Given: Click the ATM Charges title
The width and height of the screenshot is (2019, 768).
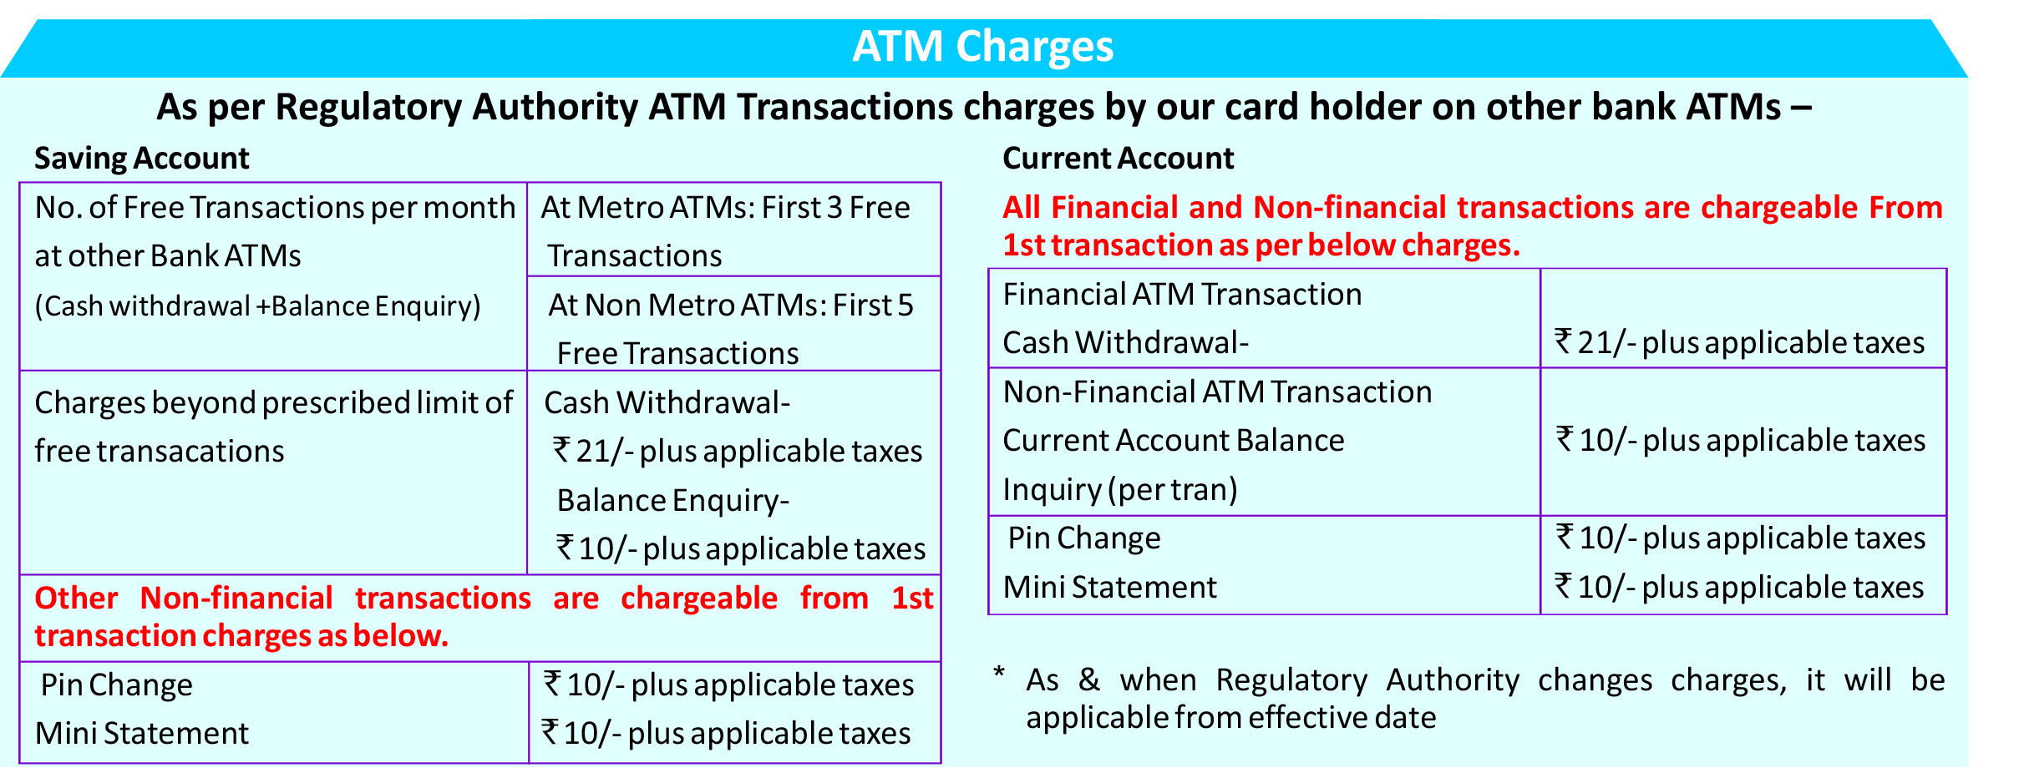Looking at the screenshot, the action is [x=983, y=47].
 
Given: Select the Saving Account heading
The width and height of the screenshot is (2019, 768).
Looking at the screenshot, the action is [x=142, y=159].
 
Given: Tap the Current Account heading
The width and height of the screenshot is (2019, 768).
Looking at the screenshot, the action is [x=1118, y=159].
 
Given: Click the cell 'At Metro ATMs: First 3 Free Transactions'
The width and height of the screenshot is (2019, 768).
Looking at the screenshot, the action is [x=734, y=230].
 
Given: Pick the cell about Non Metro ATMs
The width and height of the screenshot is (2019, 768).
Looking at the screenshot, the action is [x=734, y=324].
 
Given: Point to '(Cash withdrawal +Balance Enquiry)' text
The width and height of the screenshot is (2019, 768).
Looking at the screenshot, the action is [x=258, y=306].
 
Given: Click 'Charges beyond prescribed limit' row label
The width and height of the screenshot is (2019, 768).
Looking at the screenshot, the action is [x=273, y=427].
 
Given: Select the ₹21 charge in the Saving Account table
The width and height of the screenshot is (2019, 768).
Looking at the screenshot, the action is [x=738, y=452].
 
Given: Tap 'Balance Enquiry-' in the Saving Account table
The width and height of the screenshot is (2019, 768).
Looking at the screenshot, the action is [x=673, y=501].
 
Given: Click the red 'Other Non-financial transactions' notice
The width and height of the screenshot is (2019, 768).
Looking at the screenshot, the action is [x=484, y=617].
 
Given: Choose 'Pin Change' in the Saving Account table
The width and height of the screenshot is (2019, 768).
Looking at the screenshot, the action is [x=116, y=685].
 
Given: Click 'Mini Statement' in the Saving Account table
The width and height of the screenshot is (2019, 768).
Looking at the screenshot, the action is [x=142, y=734].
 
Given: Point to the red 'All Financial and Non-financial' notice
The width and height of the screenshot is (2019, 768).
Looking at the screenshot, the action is [x=1473, y=226].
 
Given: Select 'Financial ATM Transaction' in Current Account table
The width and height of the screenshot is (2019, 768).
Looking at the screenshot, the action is [x=1182, y=295].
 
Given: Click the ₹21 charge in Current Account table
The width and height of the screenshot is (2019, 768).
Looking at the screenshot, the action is [x=1740, y=343].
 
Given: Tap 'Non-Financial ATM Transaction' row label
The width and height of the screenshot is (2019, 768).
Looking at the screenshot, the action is [x=1217, y=392].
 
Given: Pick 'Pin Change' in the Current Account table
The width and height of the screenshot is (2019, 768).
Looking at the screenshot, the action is [x=1084, y=538].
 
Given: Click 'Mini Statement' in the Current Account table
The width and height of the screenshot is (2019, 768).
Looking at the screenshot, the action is [x=1109, y=588].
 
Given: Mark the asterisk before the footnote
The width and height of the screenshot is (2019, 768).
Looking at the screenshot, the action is [x=998, y=673].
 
